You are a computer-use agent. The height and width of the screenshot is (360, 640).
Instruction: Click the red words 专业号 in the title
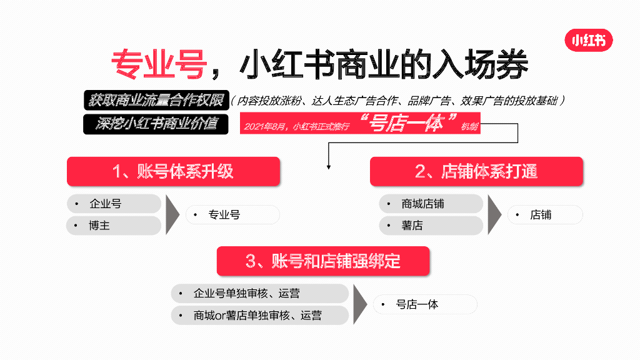click(159, 64)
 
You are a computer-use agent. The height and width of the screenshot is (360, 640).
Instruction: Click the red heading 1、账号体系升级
click(173, 172)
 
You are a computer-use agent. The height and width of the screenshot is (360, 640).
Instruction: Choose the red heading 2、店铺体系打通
click(476, 172)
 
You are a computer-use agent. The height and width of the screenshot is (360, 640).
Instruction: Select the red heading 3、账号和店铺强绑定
click(323, 261)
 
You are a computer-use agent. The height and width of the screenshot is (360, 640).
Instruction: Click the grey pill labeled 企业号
click(114, 204)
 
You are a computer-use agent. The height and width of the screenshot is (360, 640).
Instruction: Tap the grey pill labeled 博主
click(114, 226)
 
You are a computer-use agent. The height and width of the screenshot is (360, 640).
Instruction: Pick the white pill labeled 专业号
click(232, 215)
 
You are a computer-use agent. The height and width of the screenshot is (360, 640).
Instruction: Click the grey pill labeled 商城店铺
click(431, 204)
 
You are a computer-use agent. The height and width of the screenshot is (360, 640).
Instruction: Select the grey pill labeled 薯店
click(431, 226)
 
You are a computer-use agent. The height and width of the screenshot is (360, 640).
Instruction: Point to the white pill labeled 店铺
click(545, 215)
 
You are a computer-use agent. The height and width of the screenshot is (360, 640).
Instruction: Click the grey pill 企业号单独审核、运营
click(259, 293)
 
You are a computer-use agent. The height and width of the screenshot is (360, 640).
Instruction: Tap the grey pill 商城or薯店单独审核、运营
click(259, 316)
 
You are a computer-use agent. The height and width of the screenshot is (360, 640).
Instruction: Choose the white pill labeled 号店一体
click(425, 304)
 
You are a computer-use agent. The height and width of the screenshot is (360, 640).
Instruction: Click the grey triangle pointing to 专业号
click(172, 214)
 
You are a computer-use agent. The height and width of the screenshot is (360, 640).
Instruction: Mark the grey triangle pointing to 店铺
click(494, 214)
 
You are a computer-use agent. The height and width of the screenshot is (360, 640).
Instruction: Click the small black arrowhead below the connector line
click(329, 167)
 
